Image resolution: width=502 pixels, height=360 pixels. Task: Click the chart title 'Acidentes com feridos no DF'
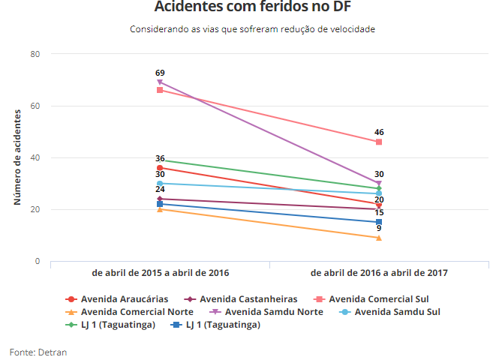[251, 7]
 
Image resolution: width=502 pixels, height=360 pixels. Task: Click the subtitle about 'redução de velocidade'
[251, 29]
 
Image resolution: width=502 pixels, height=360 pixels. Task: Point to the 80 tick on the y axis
[35, 54]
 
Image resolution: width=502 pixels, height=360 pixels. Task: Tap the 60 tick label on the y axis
[35, 106]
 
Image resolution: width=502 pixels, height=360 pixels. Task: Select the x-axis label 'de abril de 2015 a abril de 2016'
[160, 273]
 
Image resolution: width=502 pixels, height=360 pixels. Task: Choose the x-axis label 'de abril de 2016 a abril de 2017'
[379, 273]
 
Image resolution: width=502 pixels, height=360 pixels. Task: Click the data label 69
[160, 73]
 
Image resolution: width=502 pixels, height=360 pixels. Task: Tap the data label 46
[379, 132]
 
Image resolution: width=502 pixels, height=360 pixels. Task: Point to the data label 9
[379, 228]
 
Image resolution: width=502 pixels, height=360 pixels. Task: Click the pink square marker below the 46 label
[379, 142]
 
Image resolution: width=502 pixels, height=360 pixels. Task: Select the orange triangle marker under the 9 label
[379, 238]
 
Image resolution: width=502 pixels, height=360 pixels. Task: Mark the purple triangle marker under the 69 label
[160, 82]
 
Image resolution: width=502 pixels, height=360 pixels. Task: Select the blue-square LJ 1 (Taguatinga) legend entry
[222, 325]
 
